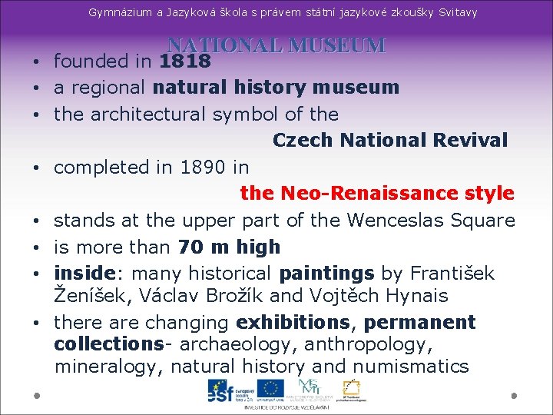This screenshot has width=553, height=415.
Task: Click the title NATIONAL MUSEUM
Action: pos(276,45)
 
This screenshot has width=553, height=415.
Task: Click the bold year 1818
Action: pos(185,61)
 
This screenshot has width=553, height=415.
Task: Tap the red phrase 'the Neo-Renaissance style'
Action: pos(376,193)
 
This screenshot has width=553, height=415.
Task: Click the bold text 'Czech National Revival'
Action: pos(390,141)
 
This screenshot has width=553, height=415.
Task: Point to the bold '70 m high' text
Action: pos(229,247)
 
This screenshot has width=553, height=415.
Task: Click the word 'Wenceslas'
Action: pos(395,221)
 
